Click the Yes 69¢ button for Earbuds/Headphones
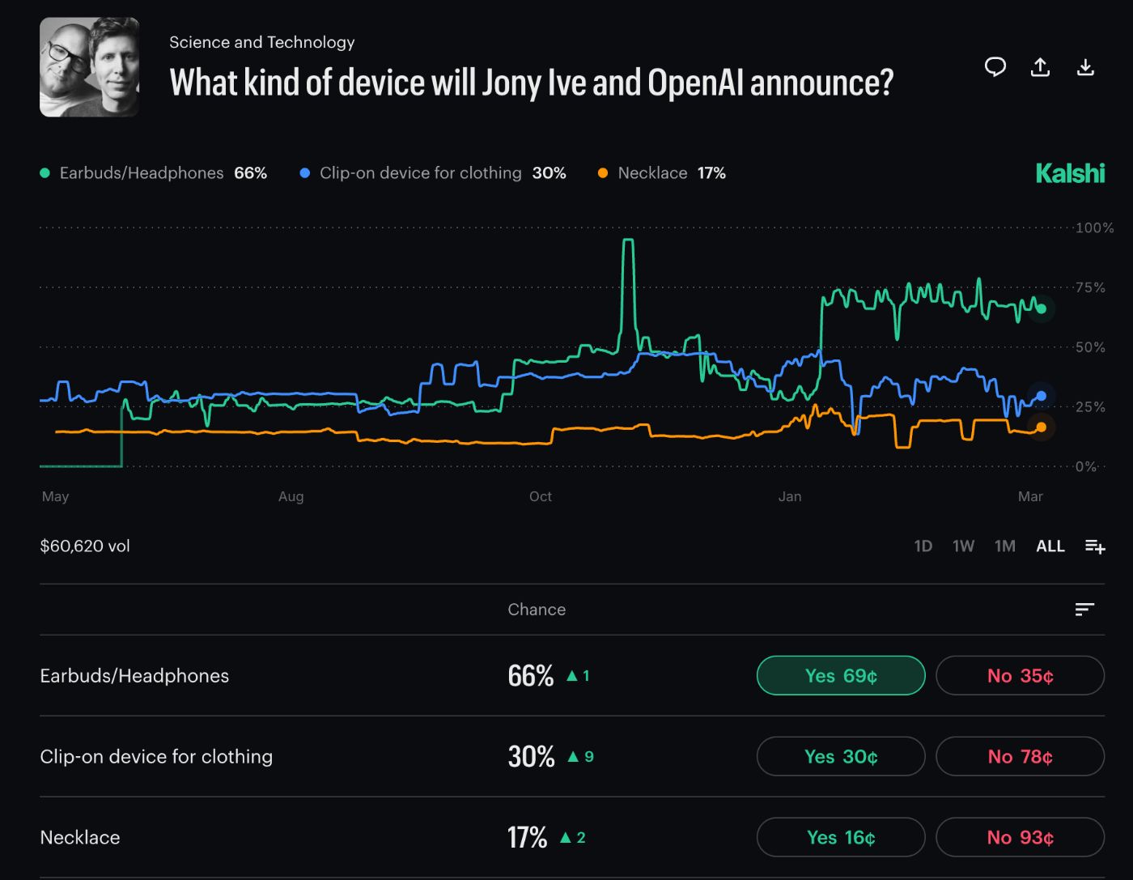[x=840, y=675]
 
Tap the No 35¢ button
[x=1020, y=675]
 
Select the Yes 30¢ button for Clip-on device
[x=840, y=756]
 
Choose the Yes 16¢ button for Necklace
[x=840, y=837]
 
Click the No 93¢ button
[x=1020, y=837]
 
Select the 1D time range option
[x=923, y=546]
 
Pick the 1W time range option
[x=963, y=546]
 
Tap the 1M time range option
[x=1004, y=546]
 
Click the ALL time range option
[x=1050, y=546]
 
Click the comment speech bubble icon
[x=995, y=67]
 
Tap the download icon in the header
[x=1085, y=67]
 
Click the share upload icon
[x=1040, y=67]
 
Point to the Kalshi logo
[x=1069, y=173]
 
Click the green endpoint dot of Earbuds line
[x=1041, y=308]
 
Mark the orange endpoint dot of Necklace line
[x=1041, y=427]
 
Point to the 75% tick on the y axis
[x=1089, y=287]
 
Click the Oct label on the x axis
[x=540, y=496]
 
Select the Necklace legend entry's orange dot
[x=602, y=173]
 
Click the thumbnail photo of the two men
[x=89, y=67]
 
